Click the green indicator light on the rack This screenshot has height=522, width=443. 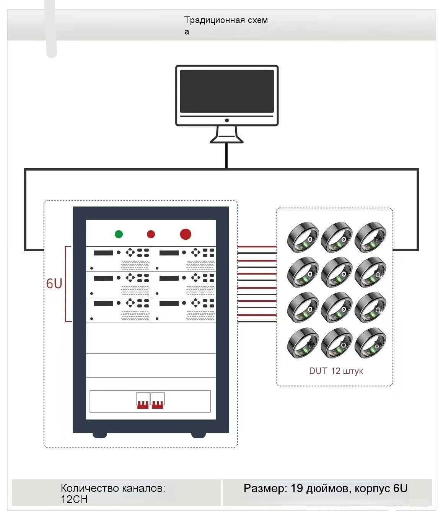click(119, 234)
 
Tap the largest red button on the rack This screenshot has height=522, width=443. click(186, 234)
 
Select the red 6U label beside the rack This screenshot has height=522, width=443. click(54, 284)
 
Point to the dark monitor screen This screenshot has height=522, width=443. click(227, 91)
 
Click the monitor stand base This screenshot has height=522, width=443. click(227, 140)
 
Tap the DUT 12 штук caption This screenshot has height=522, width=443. click(336, 371)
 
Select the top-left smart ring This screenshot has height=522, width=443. click(303, 237)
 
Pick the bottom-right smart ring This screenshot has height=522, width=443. click(370, 343)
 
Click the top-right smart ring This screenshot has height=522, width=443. click(370, 237)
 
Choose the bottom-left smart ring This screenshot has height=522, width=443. click(303, 343)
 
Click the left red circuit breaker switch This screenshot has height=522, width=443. click(143, 405)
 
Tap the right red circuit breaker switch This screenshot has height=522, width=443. click(157, 405)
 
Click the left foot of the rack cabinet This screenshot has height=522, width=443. click(100, 435)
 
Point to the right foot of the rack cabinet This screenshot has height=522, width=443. click(198, 435)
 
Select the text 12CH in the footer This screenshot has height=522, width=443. click(74, 499)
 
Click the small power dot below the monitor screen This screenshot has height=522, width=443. click(227, 120)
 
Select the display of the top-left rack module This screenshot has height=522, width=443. click(104, 253)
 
